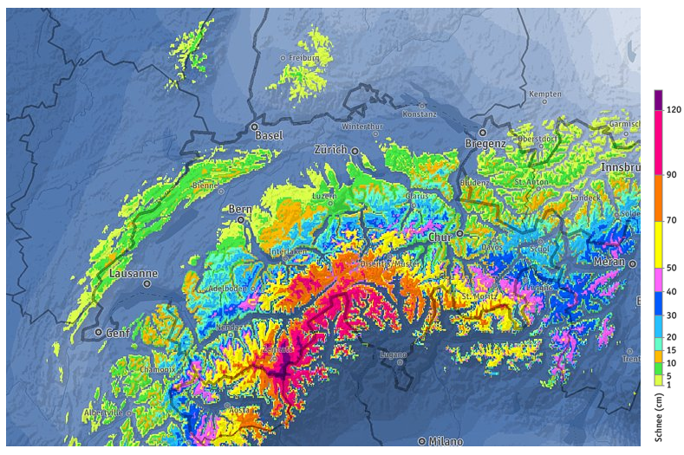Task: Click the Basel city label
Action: [267, 136]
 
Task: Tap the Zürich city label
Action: [329, 150]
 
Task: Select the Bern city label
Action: [238, 209]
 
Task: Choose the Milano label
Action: [444, 440]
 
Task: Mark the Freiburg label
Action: [304, 58]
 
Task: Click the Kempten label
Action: [546, 93]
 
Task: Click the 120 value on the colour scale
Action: [674, 109]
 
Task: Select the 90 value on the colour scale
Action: [672, 174]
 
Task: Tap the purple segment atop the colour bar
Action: [658, 100]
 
